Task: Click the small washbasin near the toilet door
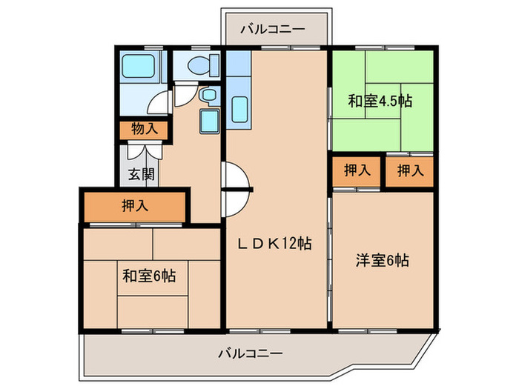(x=208, y=96)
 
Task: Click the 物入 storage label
(x=145, y=128)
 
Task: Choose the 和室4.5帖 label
(x=380, y=102)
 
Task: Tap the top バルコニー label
(x=272, y=29)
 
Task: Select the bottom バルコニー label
(x=250, y=353)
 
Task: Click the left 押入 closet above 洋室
(x=357, y=171)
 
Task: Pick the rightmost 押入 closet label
(x=409, y=171)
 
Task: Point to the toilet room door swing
(x=187, y=93)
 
